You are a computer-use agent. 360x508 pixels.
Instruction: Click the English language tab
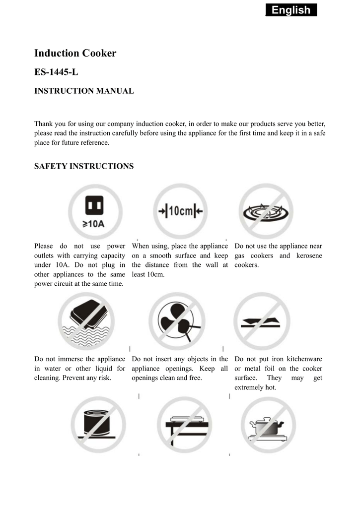291,10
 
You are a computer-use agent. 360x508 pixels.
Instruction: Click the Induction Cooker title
75,53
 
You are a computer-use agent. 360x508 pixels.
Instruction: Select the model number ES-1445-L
56,72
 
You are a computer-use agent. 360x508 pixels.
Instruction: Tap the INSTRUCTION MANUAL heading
84,91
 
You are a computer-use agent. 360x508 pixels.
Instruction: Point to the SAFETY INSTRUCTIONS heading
84,166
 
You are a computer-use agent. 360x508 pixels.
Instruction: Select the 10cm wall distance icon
180,211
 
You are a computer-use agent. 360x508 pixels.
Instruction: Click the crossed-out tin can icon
98,425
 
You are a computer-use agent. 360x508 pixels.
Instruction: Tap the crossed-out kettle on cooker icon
269,425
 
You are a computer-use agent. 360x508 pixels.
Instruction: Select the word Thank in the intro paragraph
43,124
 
